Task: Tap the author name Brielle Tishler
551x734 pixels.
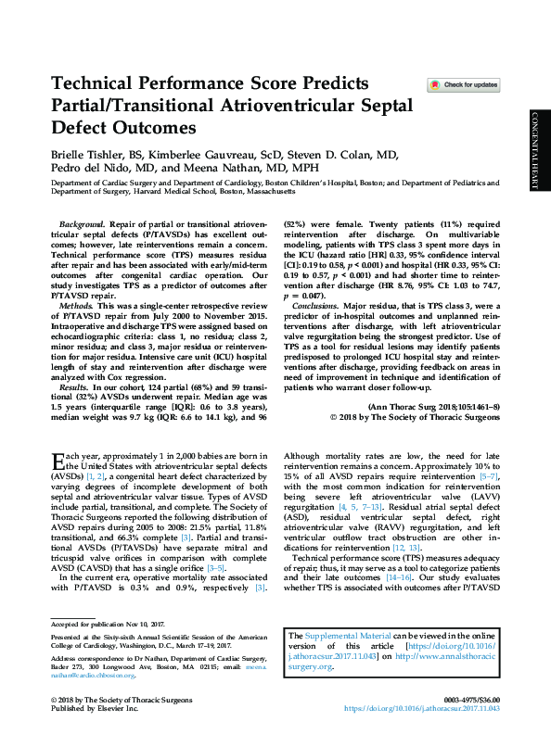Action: (x=86, y=154)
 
